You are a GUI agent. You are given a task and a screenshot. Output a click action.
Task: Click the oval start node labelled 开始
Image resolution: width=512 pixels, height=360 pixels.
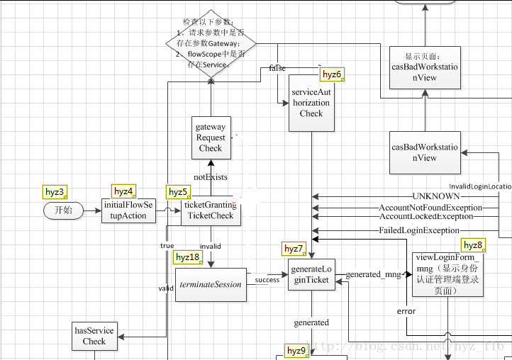(63, 210)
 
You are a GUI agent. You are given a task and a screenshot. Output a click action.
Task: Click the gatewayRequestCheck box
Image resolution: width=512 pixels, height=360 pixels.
(211, 138)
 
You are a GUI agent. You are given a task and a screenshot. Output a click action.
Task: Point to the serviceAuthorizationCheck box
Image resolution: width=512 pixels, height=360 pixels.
(311, 103)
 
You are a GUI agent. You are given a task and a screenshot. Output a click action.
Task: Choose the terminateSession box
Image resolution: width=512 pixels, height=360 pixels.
(211, 283)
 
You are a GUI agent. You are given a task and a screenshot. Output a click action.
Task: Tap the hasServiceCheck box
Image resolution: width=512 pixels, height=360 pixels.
(94, 336)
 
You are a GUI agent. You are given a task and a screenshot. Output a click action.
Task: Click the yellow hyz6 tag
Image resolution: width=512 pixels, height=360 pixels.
(332, 74)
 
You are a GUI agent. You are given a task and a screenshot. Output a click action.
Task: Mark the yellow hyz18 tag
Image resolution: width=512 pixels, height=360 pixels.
(187, 257)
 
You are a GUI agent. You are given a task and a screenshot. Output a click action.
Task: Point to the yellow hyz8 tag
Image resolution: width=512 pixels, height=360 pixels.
(473, 245)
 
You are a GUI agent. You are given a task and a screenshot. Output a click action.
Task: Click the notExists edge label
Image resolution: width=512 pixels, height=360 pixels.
(211, 176)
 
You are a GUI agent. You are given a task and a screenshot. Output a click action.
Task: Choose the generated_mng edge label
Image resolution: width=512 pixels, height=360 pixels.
(374, 274)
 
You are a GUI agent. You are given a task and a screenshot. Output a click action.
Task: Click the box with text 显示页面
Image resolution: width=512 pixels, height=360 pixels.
(425, 67)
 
